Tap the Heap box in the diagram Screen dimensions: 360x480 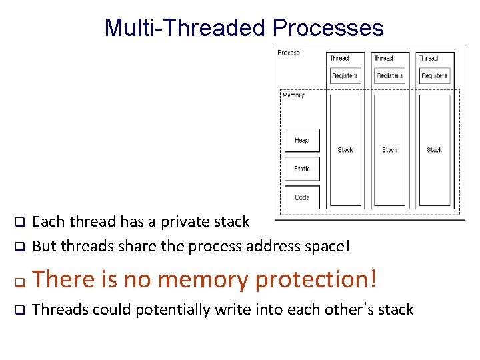click(x=301, y=140)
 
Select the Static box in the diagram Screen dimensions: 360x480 click(x=301, y=169)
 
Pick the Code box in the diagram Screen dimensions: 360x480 click(x=301, y=197)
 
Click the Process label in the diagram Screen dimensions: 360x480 click(x=289, y=53)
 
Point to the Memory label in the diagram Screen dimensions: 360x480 click(x=293, y=95)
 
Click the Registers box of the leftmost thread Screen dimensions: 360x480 click(x=345, y=75)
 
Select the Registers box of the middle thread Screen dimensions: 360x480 click(x=389, y=75)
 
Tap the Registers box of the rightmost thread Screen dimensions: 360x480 click(x=434, y=75)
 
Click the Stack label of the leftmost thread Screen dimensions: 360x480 click(x=345, y=150)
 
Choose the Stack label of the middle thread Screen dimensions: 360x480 click(x=390, y=150)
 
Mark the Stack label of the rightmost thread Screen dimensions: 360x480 click(x=435, y=150)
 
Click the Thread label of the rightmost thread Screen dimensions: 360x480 click(x=429, y=58)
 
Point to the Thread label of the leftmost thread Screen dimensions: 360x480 click(x=339, y=58)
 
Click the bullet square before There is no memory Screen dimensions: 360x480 click(x=20, y=281)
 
